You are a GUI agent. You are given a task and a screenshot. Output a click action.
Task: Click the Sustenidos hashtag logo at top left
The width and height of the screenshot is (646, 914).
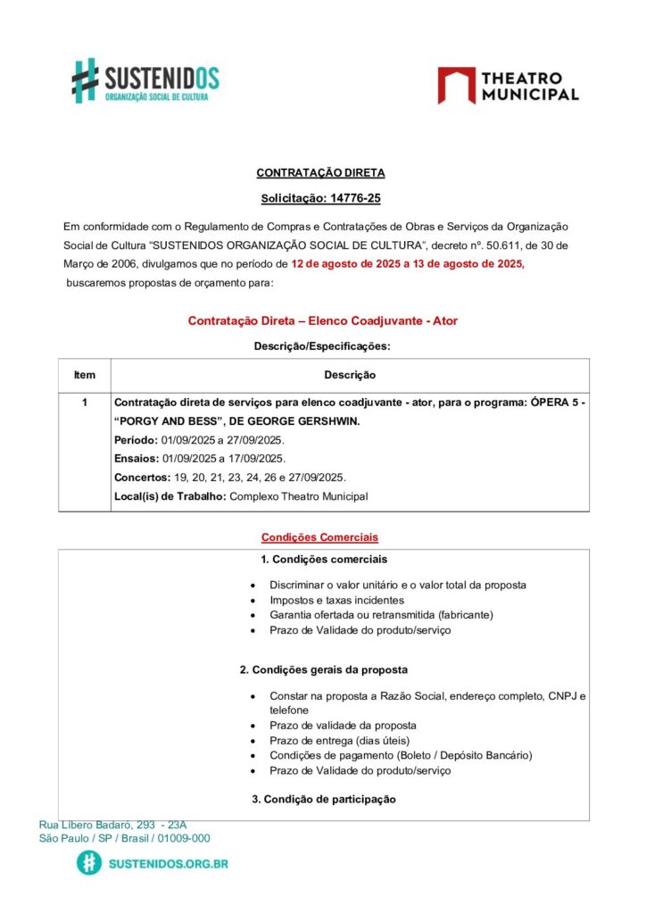click(x=85, y=80)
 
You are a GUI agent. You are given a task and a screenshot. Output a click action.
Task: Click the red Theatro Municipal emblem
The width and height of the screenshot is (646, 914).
click(x=456, y=85)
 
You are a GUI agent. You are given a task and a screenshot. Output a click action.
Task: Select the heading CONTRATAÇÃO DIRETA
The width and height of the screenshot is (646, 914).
click(x=320, y=173)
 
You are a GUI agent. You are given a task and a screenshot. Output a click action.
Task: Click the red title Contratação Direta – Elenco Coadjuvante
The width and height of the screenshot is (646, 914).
click(x=322, y=320)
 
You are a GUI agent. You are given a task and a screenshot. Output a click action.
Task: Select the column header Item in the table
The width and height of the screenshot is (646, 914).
click(x=84, y=375)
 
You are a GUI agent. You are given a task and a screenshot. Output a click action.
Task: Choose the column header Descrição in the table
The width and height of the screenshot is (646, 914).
click(x=349, y=375)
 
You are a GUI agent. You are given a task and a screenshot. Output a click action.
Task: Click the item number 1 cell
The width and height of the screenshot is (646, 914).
click(x=84, y=403)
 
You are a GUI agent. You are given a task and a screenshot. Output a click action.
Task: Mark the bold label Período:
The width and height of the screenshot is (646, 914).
click(x=136, y=440)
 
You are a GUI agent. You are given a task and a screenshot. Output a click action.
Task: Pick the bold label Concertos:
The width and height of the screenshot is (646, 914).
click(x=142, y=478)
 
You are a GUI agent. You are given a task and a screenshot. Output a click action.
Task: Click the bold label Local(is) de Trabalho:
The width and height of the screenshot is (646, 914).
click(x=170, y=496)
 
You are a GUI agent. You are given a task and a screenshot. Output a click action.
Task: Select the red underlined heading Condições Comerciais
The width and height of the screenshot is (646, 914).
click(x=319, y=537)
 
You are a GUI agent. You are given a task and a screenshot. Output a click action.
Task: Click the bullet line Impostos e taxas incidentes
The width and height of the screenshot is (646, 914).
click(x=336, y=601)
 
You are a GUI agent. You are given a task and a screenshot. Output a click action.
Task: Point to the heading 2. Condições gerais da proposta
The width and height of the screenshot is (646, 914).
click(x=324, y=669)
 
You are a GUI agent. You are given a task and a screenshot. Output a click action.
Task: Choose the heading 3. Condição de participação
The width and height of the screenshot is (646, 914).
click(x=324, y=799)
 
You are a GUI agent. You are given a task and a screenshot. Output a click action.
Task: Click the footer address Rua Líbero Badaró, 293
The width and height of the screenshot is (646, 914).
click(x=112, y=826)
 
